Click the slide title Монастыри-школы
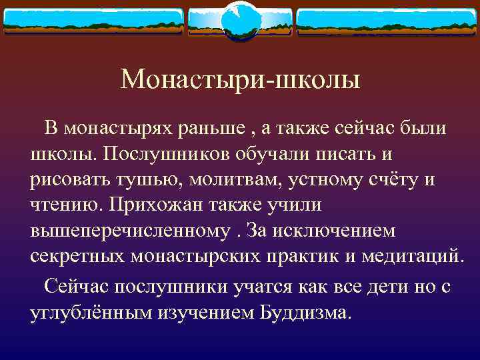tap(240, 81)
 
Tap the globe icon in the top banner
tap(239, 19)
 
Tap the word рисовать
tap(71, 179)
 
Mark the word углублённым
tap(90, 313)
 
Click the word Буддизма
tap(303, 313)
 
